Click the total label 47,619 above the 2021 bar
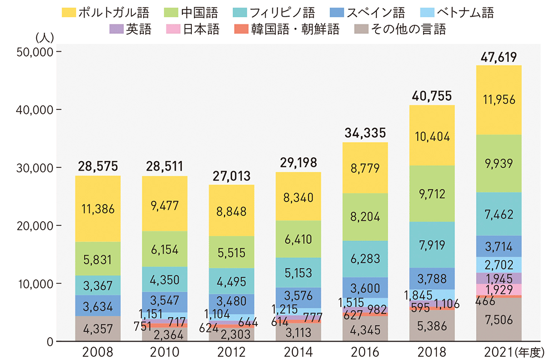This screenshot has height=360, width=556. coord(499,57)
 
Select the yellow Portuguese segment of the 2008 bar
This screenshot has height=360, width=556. coord(98,209)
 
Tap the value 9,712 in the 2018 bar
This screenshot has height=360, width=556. coord(432,194)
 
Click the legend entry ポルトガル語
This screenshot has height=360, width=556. coord(105,12)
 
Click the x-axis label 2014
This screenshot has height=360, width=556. coord(299,352)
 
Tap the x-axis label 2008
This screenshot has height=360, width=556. coord(98,352)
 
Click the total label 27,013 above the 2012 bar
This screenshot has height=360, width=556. coord(231,176)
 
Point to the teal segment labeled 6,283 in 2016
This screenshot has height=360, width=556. coord(365,259)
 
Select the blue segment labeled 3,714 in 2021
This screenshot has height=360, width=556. coord(499,246)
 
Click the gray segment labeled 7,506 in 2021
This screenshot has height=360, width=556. coord(499,319)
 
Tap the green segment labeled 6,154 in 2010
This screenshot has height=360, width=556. coord(165,249)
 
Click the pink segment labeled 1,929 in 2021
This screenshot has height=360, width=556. coord(499,289)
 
